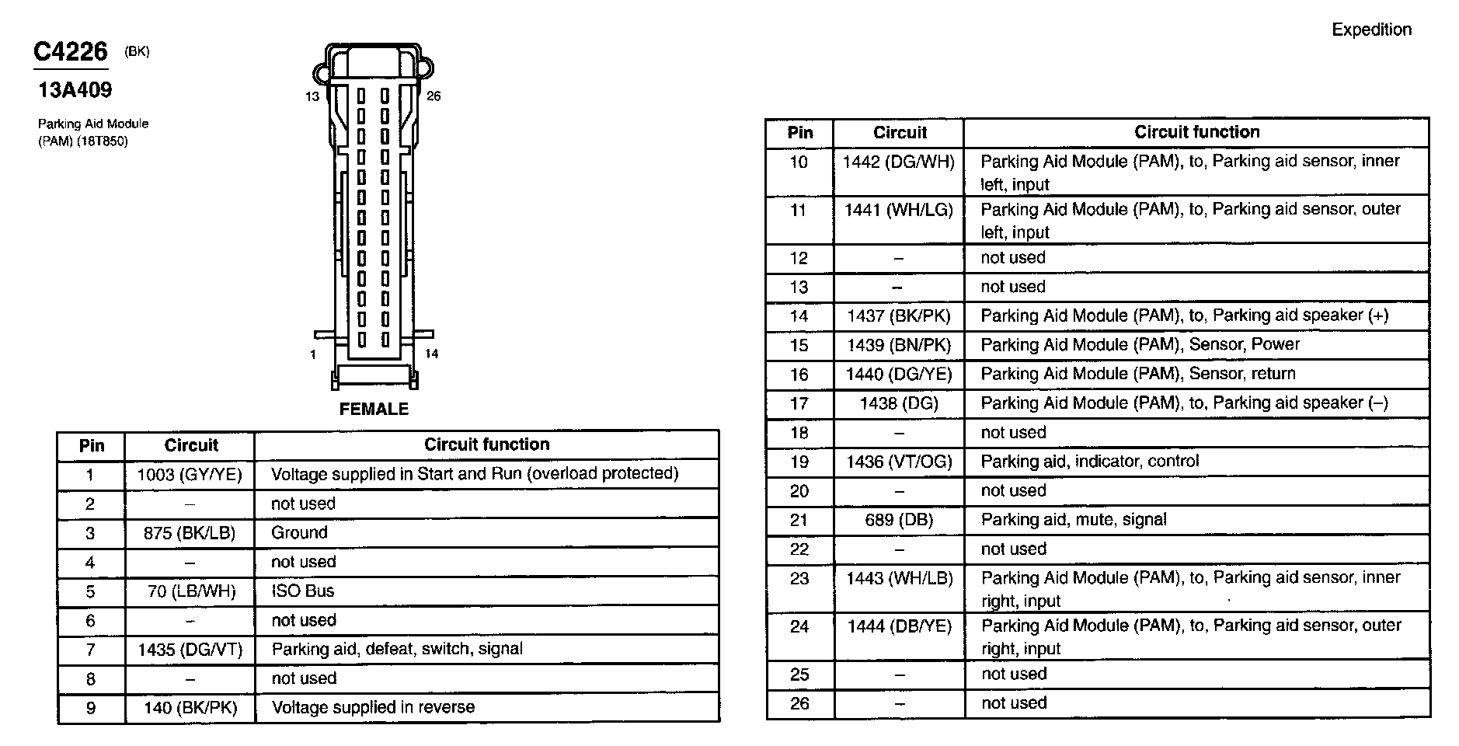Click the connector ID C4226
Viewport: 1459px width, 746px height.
pos(70,52)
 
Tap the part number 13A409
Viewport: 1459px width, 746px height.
pos(75,90)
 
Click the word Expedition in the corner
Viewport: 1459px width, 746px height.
pos(1371,30)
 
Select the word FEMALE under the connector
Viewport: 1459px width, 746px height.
pos(374,409)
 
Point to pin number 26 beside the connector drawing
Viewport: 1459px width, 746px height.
pos(434,96)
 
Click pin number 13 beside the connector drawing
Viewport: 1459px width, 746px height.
pos(312,96)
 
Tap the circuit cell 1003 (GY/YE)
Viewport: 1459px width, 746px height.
pos(190,474)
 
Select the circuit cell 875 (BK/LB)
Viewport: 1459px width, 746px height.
pos(190,533)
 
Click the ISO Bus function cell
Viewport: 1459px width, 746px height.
pos(302,591)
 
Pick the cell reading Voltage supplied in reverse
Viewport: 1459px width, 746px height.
pos(373,707)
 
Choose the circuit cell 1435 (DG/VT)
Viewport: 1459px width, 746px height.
pos(190,650)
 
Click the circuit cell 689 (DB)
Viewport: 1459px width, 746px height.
pos(899,520)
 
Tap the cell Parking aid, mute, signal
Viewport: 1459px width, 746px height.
pos(1074,520)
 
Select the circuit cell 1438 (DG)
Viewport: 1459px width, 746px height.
pos(899,403)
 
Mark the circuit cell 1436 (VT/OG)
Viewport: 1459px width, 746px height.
pos(899,462)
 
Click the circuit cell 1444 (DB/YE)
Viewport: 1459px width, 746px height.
pos(899,626)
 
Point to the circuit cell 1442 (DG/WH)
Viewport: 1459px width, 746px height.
pos(899,162)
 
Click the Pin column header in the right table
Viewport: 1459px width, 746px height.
pos(799,132)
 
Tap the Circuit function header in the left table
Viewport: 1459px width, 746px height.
pos(486,444)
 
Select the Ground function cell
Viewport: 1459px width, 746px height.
pos(299,533)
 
